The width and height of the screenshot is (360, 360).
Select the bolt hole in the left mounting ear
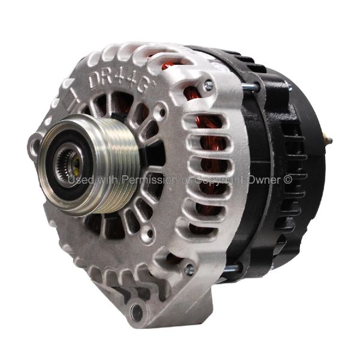click(35, 144)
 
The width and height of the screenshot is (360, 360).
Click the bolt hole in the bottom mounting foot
click(137, 311)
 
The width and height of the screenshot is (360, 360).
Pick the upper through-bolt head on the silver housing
click(208, 85)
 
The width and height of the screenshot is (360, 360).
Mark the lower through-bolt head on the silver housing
click(190, 270)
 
